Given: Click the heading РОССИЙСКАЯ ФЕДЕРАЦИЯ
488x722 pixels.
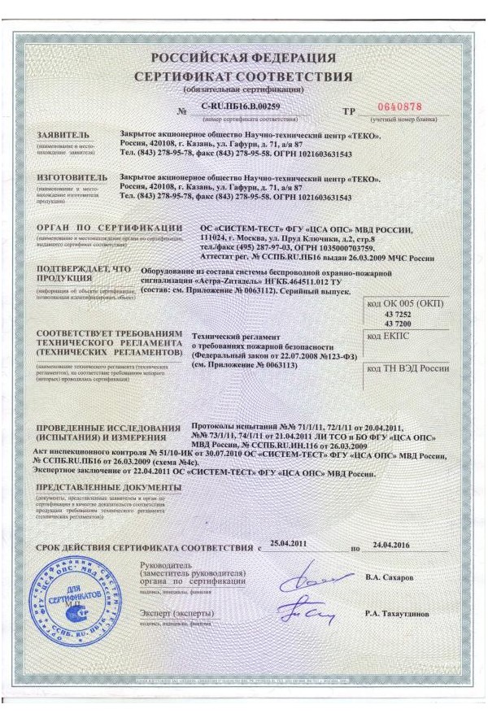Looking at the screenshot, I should click(243, 59).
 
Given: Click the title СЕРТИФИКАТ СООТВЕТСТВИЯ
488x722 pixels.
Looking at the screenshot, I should click(243, 76).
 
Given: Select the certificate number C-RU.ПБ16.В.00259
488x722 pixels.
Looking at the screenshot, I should click(245, 107).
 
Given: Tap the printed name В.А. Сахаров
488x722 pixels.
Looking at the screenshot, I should click(395, 577).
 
